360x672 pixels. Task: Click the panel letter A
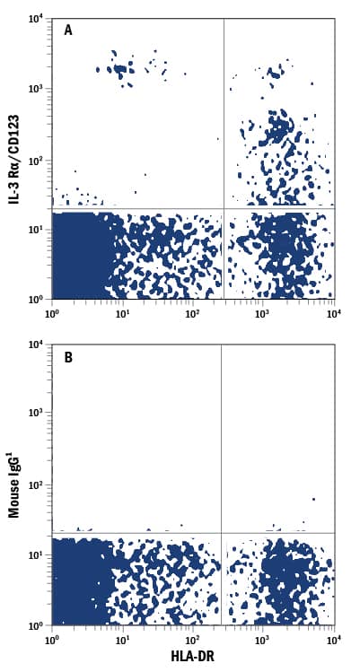[68, 30]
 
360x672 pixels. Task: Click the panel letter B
[68, 356]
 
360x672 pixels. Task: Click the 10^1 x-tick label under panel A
[121, 312]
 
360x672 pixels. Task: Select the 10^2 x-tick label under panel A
[191, 312]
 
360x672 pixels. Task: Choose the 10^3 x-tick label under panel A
[262, 312]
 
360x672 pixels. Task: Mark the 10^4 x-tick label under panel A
[331, 312]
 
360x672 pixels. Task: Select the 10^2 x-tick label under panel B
[191, 638]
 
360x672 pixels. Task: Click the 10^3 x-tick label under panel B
[262, 638]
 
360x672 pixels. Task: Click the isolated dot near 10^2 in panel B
[313, 499]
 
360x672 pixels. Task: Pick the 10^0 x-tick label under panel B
[51, 638]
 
